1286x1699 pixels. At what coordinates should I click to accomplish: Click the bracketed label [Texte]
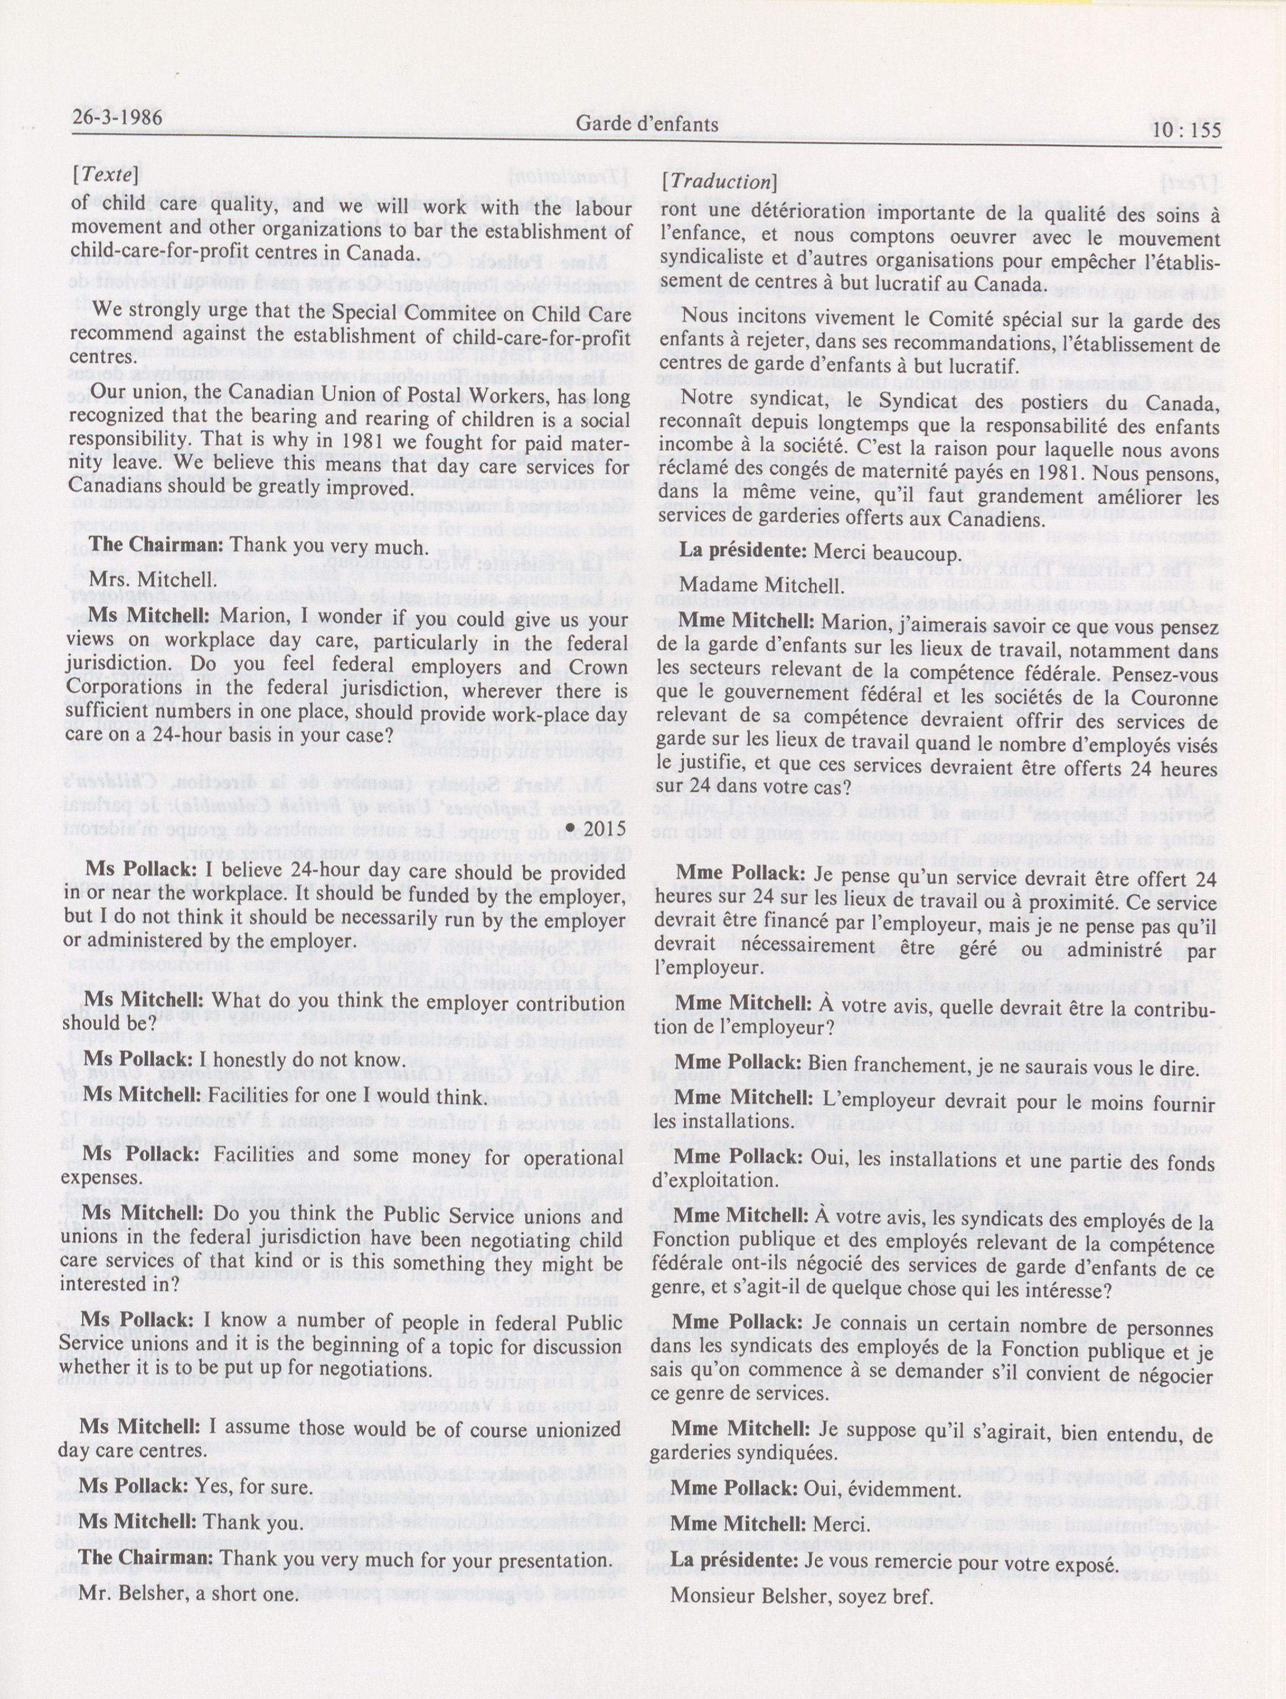[105, 175]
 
